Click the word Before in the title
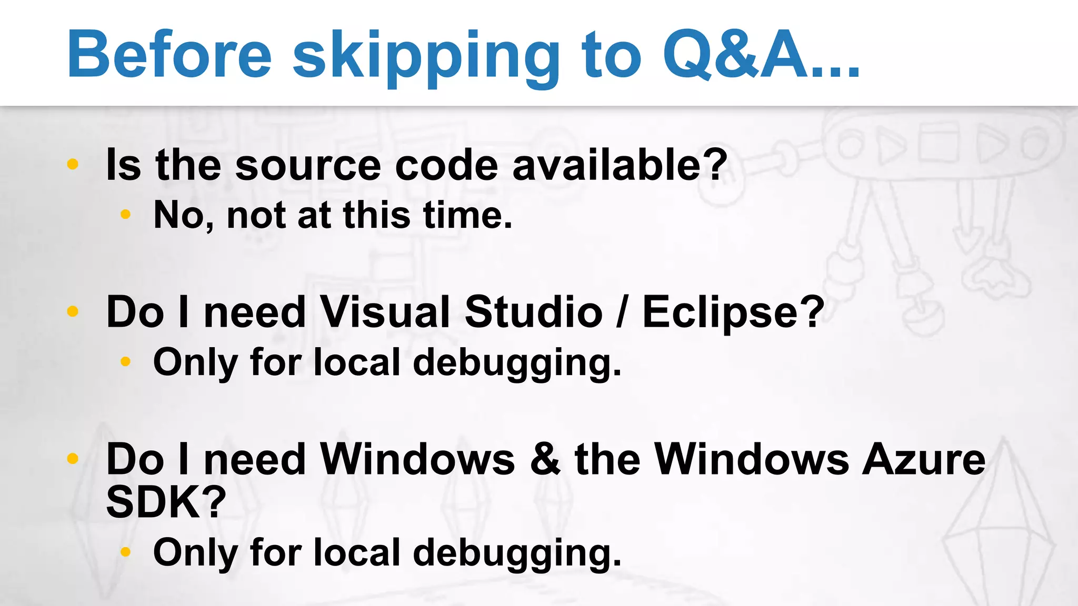tap(169, 55)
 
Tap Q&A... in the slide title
tap(761, 55)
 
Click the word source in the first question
tap(308, 165)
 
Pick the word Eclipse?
tap(733, 314)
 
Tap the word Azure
tap(923, 459)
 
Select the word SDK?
tap(166, 502)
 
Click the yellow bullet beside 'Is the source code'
tap(73, 164)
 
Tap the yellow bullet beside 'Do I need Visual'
tap(73, 311)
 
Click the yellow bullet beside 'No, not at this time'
tap(125, 214)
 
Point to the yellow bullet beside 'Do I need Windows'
tap(73, 459)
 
